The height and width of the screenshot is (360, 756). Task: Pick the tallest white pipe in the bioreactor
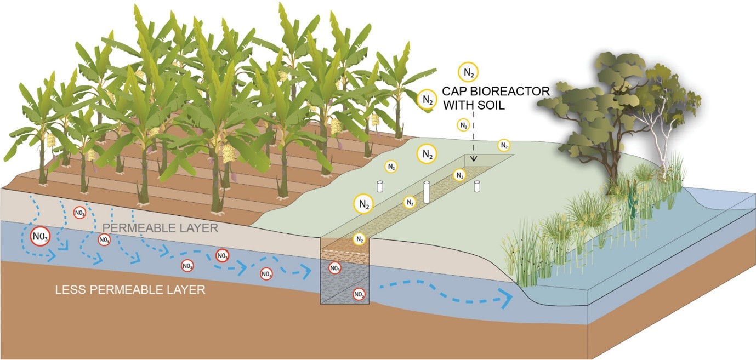tap(427, 192)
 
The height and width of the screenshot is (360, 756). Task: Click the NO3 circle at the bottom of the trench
tap(359, 294)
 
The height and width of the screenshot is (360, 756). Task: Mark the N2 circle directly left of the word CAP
tap(427, 99)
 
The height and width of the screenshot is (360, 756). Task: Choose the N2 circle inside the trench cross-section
tap(359, 239)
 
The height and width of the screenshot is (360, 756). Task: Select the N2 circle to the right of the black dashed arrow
tap(503, 145)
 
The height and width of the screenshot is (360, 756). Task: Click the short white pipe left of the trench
tap(379, 186)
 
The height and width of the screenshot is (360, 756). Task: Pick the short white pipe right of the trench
tap(477, 186)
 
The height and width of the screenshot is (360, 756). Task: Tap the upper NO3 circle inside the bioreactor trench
tap(334, 268)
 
